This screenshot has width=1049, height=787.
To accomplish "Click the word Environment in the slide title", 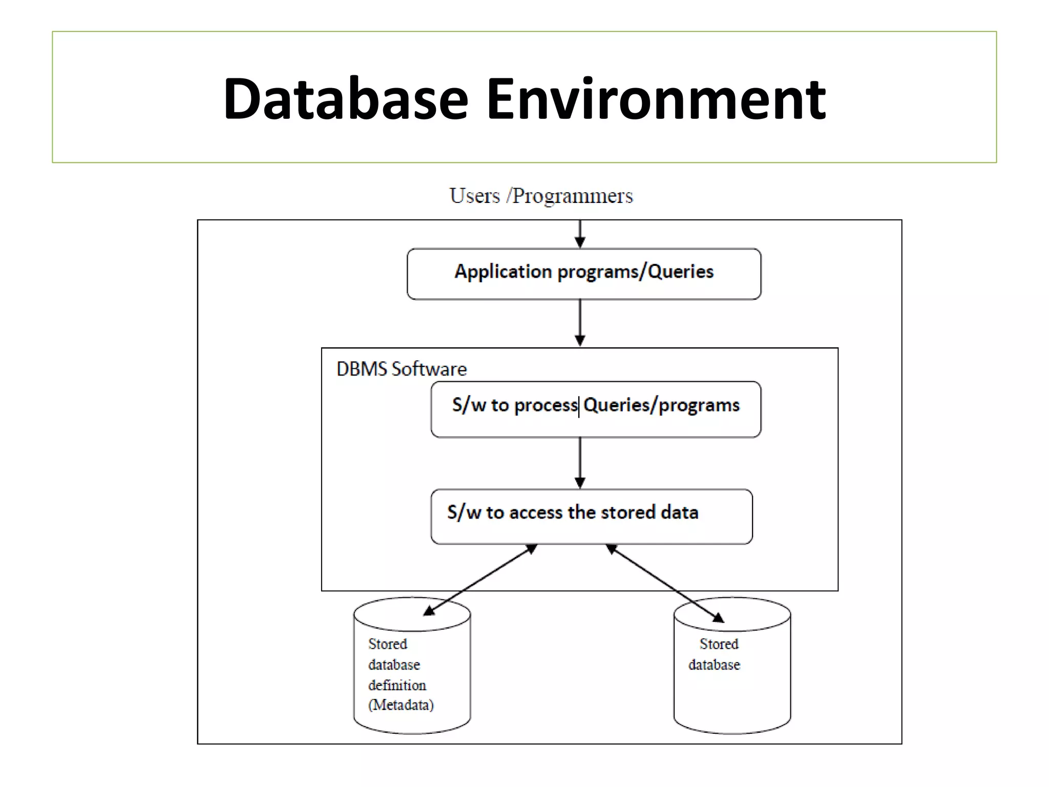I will tap(655, 99).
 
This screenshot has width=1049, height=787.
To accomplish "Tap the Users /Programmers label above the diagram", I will tap(541, 196).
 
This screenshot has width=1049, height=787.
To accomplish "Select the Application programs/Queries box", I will tap(583, 274).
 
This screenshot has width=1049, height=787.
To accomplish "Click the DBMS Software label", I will tap(401, 369).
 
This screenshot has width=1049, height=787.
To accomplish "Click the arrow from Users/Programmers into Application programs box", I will tap(580, 234).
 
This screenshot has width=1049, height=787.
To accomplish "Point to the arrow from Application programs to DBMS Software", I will tap(580, 323).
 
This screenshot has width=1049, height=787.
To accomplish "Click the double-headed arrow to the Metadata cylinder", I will tap(480, 579).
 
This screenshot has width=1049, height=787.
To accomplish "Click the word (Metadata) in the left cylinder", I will tap(401, 705).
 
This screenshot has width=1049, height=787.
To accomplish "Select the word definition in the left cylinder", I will tap(397, 685).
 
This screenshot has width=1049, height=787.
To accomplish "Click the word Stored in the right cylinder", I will tap(719, 644).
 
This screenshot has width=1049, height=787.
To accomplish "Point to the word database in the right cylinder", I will tap(714, 665).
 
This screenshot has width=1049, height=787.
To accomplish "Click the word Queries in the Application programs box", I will tap(680, 272).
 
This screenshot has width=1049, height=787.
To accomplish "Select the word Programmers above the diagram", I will tap(572, 196).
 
